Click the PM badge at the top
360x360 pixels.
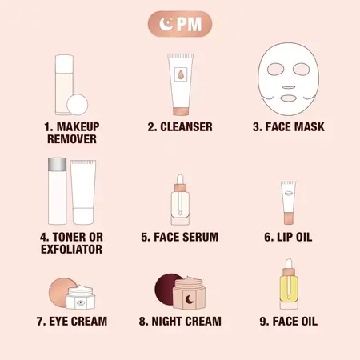click(179, 24)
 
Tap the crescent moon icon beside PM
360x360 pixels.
click(166, 24)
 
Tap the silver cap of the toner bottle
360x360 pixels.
click(56, 164)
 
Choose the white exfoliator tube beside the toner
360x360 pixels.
click(82, 192)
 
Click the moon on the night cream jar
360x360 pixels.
click(189, 298)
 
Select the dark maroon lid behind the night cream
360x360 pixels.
click(167, 290)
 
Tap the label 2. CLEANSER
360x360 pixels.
click(179, 126)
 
